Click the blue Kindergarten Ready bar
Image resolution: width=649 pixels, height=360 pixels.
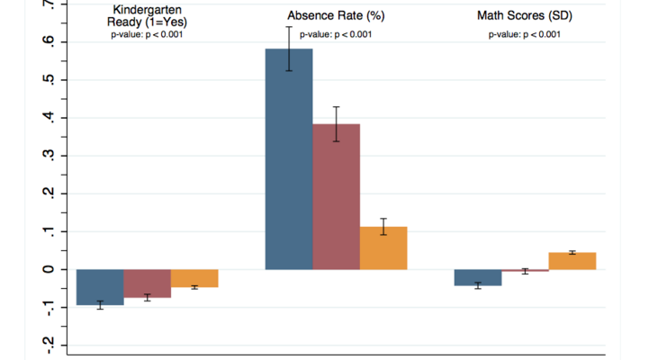tap(100, 287)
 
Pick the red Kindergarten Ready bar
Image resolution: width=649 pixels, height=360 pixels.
tap(148, 283)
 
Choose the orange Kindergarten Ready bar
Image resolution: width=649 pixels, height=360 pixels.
tap(194, 278)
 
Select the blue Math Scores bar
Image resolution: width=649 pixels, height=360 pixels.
tap(478, 277)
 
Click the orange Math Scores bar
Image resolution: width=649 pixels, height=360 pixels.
tap(572, 261)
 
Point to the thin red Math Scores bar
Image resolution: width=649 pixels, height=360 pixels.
tap(525, 270)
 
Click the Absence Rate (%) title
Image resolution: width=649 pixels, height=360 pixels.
tap(336, 16)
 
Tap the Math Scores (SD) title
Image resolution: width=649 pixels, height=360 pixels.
tap(525, 16)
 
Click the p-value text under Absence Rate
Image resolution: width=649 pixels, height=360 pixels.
tap(336, 35)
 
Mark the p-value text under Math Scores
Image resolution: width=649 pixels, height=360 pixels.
tap(525, 35)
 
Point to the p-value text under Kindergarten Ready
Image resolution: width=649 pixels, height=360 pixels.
tap(148, 35)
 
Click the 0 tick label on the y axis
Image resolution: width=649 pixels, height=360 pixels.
tap(50, 269)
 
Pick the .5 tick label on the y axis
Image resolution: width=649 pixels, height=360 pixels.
tap(50, 80)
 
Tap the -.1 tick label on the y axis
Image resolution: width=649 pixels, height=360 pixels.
tap(50, 307)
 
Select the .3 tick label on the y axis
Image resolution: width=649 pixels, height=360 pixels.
tap(50, 156)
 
